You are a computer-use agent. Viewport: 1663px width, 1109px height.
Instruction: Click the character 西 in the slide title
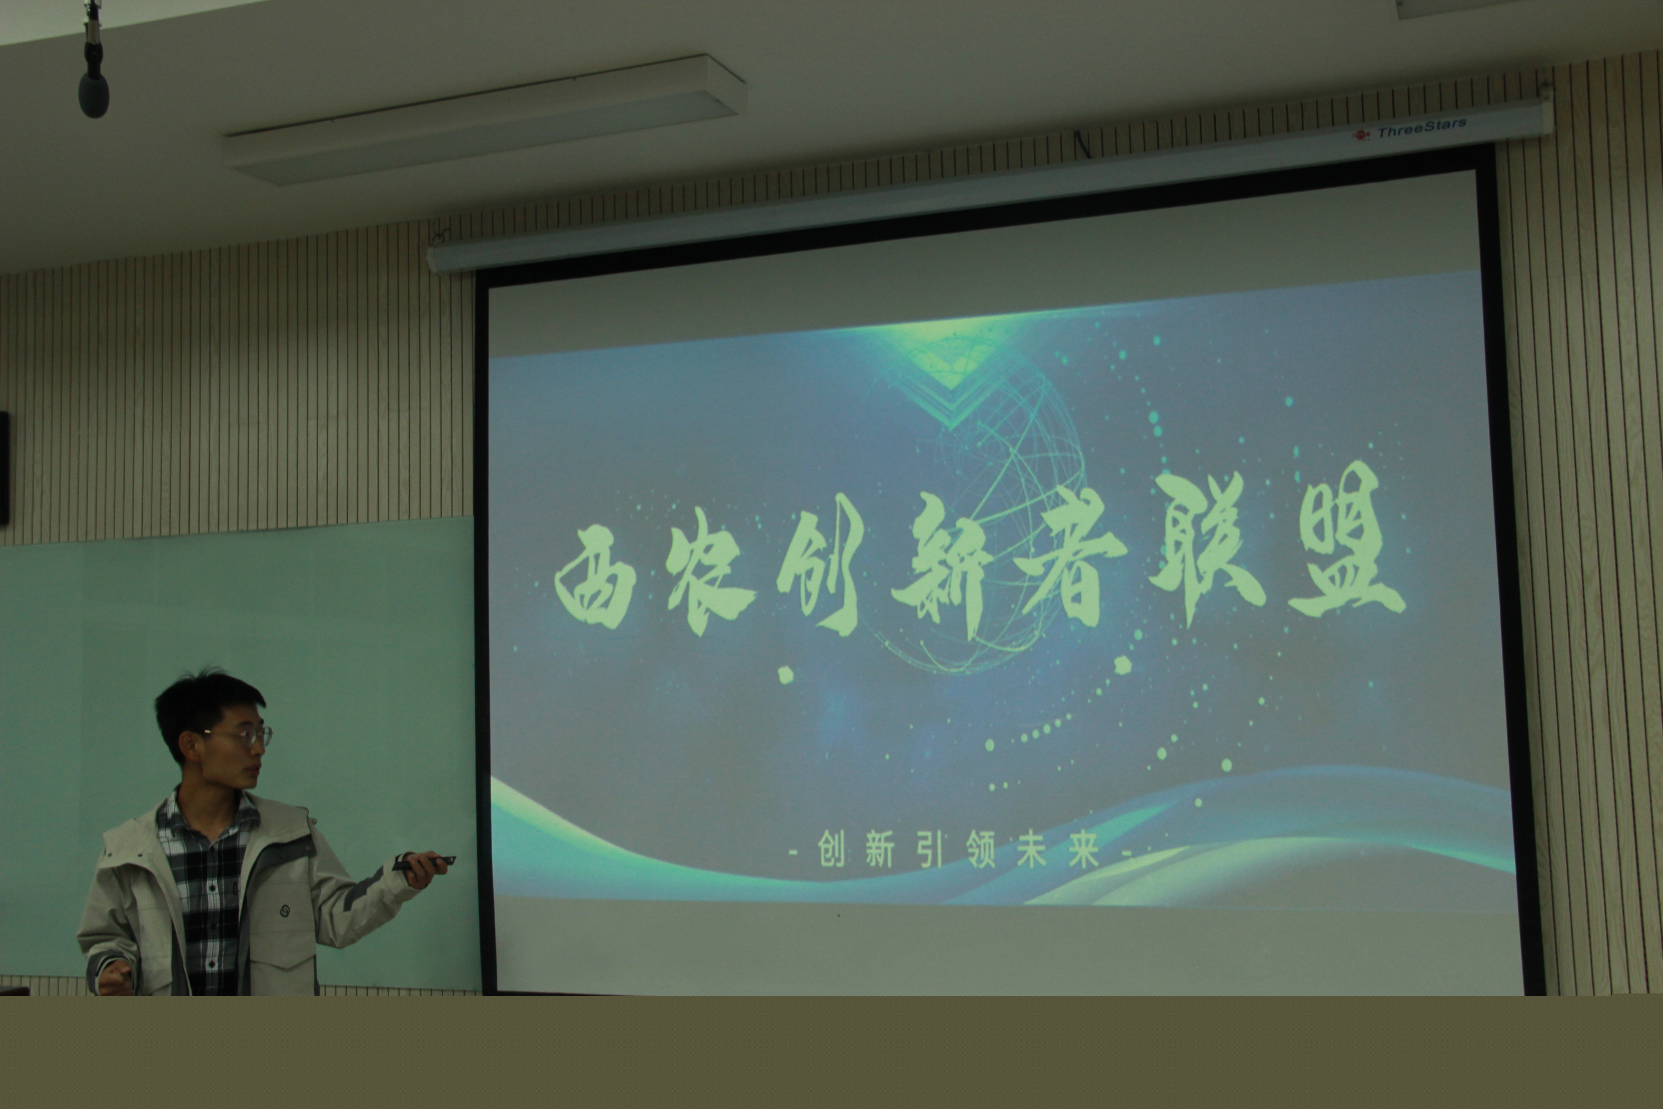pyautogui.click(x=595, y=576)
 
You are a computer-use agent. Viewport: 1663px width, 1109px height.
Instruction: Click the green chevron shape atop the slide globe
pyautogui.click(x=951, y=385)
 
